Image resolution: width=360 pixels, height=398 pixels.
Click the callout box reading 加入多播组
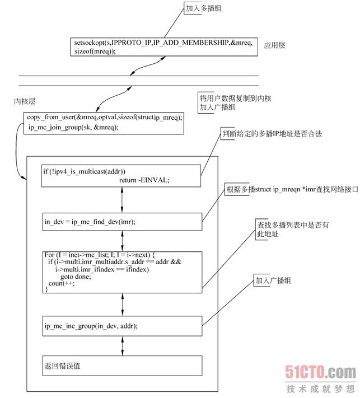[x=204, y=10]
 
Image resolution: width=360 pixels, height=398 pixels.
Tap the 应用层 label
[x=274, y=45]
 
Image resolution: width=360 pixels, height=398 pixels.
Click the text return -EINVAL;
[x=144, y=180]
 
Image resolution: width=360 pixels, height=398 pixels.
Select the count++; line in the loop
[x=61, y=283]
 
